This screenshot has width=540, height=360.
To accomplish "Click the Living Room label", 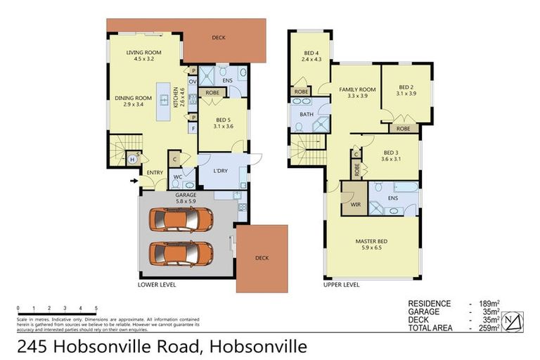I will (x=144, y=53).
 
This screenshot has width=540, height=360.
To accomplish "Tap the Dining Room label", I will (x=134, y=98).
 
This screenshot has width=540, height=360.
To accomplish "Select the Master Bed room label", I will (x=372, y=242).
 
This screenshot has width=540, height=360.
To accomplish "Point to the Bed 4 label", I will (x=311, y=53).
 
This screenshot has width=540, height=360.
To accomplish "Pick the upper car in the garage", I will (x=181, y=219).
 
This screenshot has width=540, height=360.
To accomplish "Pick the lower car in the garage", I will (x=181, y=252).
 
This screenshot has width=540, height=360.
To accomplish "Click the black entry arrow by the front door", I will (x=134, y=180).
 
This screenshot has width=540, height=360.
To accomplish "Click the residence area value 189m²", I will (x=489, y=303).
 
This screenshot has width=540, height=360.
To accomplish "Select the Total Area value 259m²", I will (x=489, y=327).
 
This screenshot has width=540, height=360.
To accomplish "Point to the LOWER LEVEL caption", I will (x=157, y=285).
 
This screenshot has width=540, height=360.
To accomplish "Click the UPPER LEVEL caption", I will (x=341, y=285).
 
